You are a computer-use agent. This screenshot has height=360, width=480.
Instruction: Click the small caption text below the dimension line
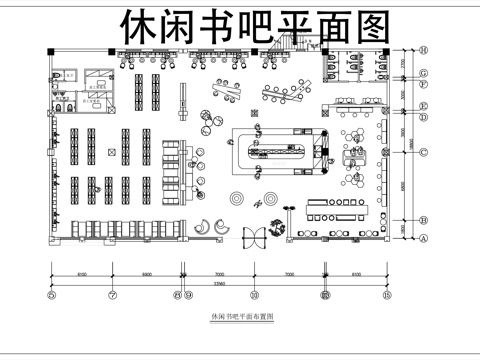[238, 317]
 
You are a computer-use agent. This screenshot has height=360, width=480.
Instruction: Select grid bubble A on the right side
[423, 239]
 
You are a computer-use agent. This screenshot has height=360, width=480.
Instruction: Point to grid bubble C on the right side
[423, 152]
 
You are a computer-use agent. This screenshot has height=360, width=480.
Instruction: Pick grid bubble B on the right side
[423, 220]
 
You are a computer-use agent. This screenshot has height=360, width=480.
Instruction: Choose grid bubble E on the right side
[423, 106]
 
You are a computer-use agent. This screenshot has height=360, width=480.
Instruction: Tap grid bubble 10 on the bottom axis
[254, 295]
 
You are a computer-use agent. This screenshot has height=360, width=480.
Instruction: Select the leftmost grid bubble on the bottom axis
[52, 295]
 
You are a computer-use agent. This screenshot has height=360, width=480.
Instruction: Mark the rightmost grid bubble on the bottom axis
[385, 295]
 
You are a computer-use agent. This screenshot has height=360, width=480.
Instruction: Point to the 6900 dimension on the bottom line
[146, 272]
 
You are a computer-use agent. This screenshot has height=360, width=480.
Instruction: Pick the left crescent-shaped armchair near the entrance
[203, 226]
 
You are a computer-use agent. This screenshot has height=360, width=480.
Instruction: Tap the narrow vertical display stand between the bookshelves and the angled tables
[182, 99]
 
